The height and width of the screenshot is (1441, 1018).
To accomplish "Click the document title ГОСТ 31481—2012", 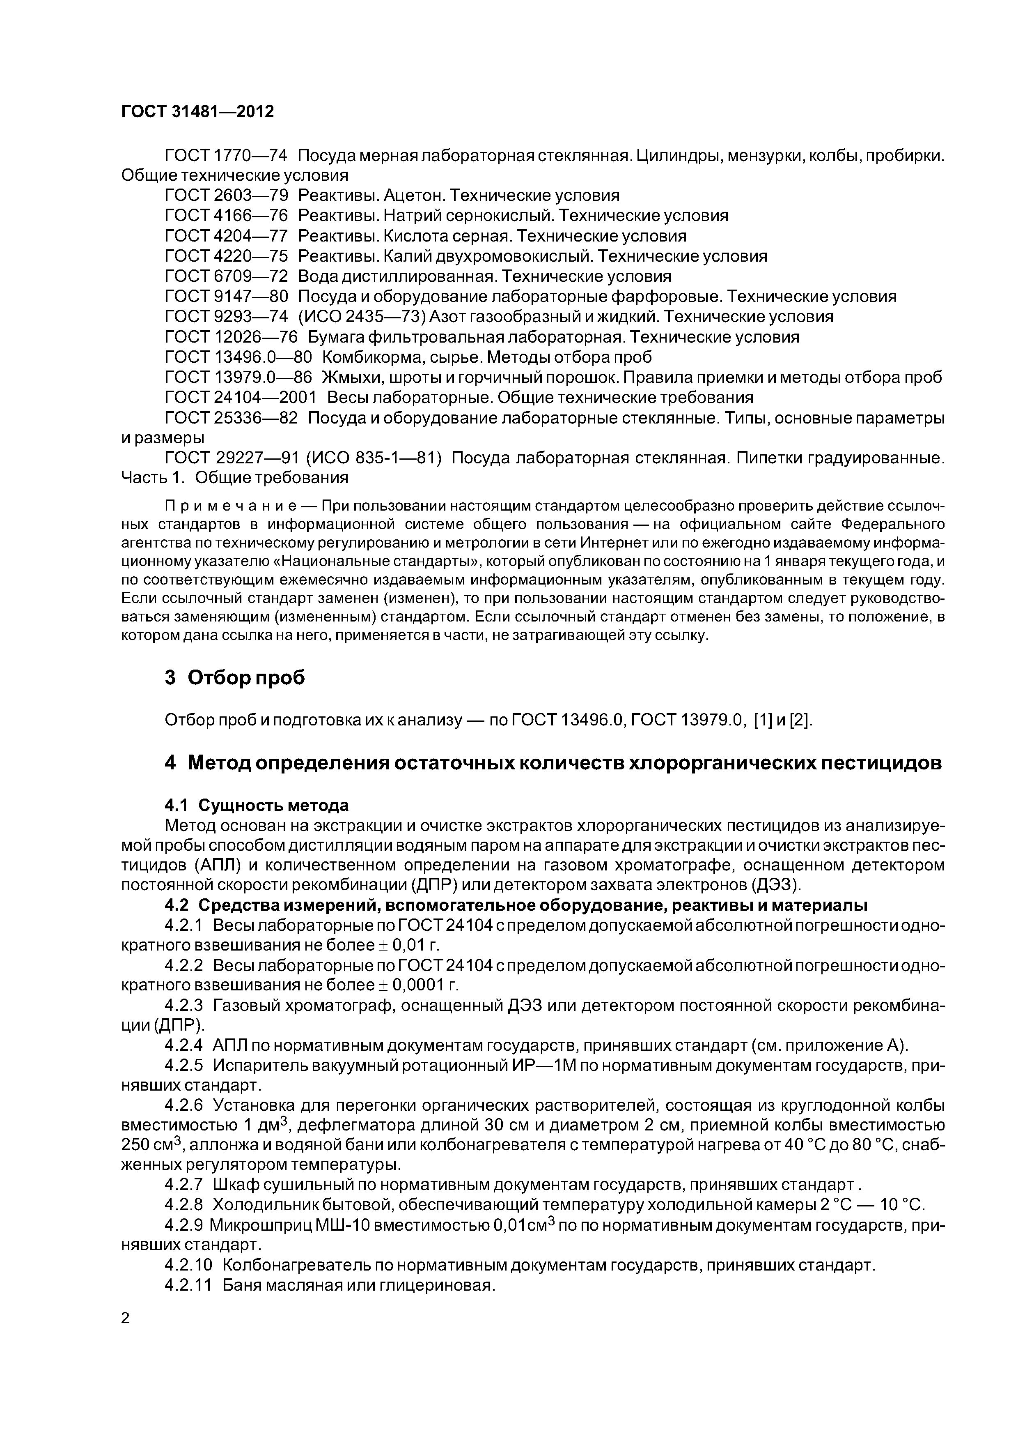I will pos(197,112).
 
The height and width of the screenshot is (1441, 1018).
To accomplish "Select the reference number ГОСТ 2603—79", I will pos(226,195).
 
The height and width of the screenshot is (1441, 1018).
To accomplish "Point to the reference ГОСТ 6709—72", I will pos(226,276).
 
